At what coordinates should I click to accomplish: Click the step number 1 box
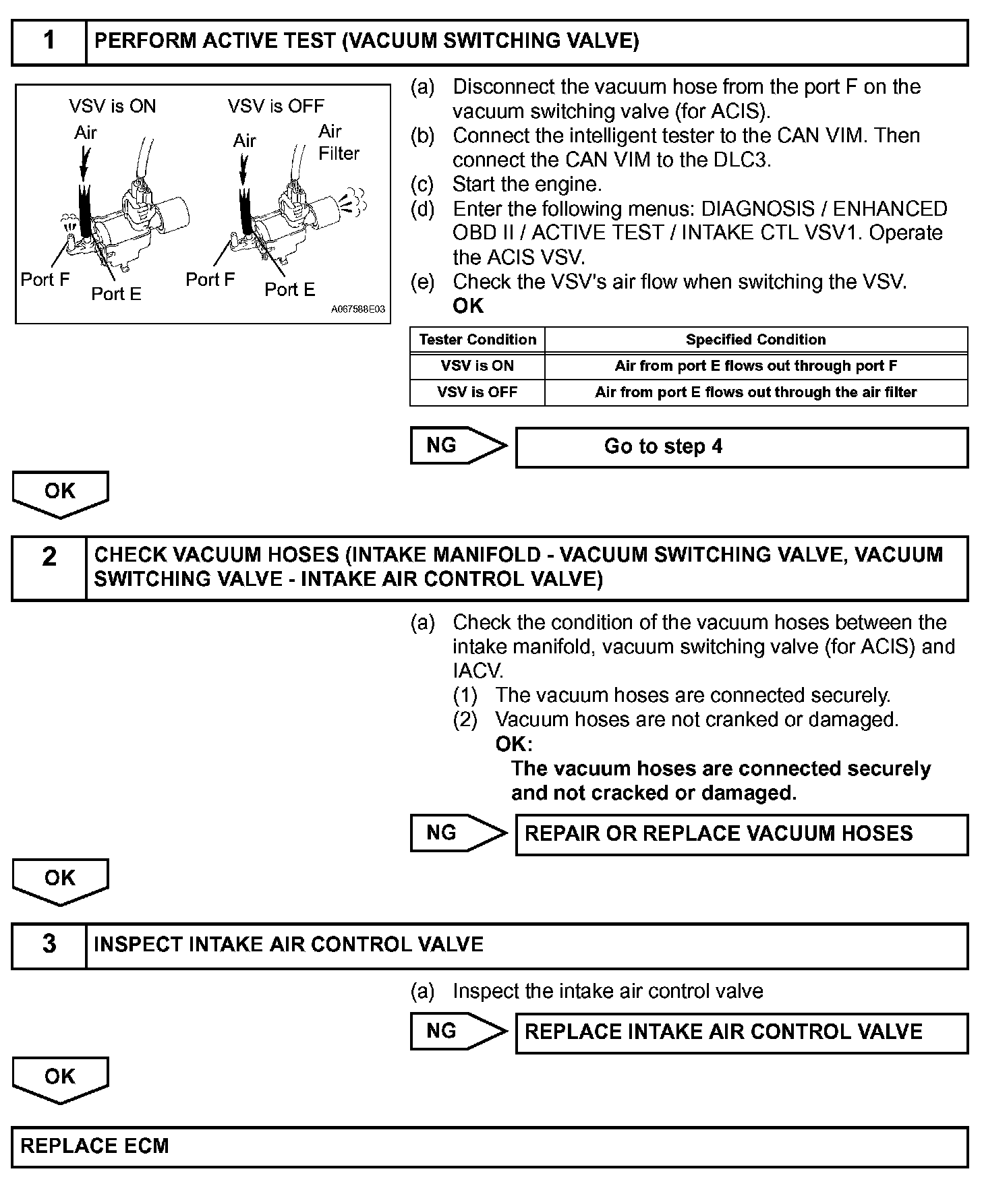tap(49, 42)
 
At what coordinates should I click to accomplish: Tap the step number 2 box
tap(49, 568)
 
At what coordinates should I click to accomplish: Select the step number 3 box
tap(49, 945)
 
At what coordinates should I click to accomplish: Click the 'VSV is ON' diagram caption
tap(112, 107)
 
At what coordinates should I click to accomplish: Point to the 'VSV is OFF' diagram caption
tap(275, 107)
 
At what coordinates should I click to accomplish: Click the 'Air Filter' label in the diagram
tap(338, 142)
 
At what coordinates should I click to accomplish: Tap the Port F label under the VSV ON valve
tap(45, 279)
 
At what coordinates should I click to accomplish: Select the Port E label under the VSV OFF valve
tap(289, 290)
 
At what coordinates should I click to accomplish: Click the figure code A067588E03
tap(357, 309)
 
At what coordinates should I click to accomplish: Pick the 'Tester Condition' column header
tap(478, 340)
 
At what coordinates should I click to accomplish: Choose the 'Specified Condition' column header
tap(755, 340)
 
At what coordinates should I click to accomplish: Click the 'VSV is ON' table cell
tap(478, 366)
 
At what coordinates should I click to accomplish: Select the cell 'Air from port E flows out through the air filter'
tap(755, 392)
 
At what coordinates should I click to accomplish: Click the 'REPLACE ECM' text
tap(95, 1146)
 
